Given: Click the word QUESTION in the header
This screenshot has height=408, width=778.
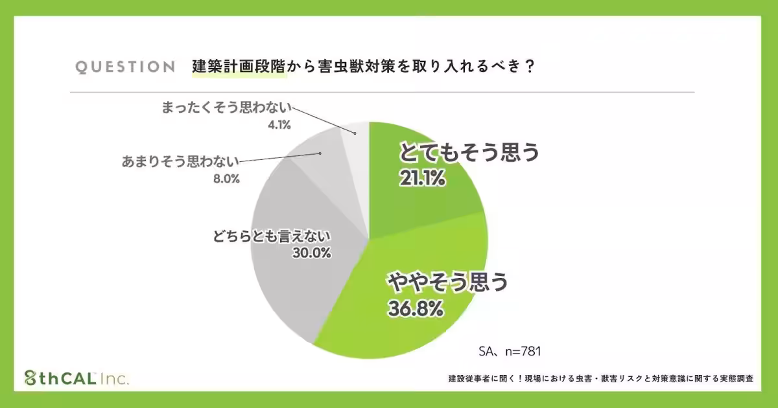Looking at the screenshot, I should tap(125, 67).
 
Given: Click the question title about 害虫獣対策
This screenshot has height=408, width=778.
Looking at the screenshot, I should tap(363, 67).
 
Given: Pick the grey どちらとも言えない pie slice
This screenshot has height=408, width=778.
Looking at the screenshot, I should tap(292, 272).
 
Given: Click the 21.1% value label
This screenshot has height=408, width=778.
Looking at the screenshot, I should tap(423, 177).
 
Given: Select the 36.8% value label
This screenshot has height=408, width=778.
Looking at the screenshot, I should tap(416, 308).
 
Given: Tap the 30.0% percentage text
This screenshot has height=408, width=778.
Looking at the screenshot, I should tap(311, 254).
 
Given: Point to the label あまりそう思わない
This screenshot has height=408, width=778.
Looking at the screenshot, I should tap(181, 161).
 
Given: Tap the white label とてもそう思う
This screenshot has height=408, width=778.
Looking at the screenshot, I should tap(469, 153).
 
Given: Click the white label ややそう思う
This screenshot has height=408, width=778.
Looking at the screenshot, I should tap(447, 283).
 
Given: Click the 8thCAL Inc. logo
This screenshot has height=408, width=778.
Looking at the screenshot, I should tap(76, 378).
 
